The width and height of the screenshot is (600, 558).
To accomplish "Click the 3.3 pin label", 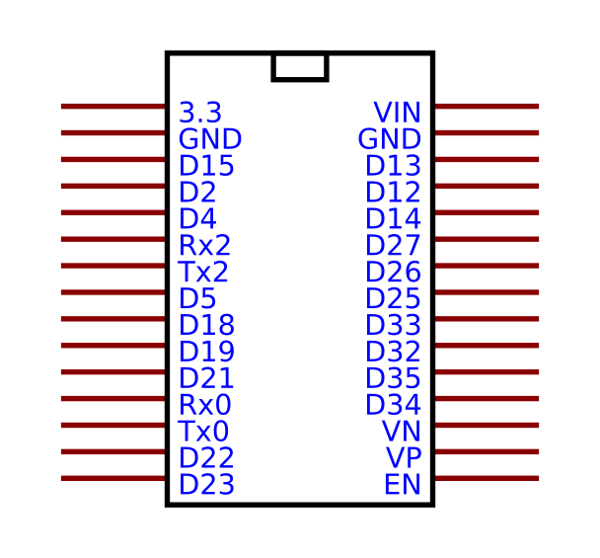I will (x=200, y=112).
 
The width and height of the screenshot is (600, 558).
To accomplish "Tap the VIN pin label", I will (x=397, y=112).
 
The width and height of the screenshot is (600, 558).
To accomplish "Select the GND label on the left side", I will (x=209, y=138).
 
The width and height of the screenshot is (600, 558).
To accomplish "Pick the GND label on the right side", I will (x=389, y=138).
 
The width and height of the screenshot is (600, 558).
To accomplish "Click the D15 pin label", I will (x=206, y=165).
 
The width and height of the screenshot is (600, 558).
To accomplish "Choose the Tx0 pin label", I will (x=203, y=432).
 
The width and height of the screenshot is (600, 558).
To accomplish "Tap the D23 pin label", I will (x=206, y=485).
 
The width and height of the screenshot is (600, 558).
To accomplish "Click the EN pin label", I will (x=403, y=485).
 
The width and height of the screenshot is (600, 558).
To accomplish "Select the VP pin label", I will (x=403, y=458).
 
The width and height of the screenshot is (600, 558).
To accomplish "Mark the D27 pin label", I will (x=393, y=245).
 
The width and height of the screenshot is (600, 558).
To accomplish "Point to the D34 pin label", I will (x=393, y=405).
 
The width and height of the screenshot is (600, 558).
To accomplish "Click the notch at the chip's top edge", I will (x=299, y=66).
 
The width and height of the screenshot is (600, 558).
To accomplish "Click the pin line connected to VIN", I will (x=486, y=106).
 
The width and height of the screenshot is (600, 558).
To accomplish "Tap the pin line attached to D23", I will (x=113, y=479).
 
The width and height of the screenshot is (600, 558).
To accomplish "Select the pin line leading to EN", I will (x=486, y=479).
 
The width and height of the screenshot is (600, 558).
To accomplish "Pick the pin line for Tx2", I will (x=113, y=266).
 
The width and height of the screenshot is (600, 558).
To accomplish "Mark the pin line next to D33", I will (x=486, y=319).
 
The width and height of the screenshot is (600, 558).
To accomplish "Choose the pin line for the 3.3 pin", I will (x=113, y=106).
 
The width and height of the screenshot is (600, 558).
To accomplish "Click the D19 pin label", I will (x=206, y=352).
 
